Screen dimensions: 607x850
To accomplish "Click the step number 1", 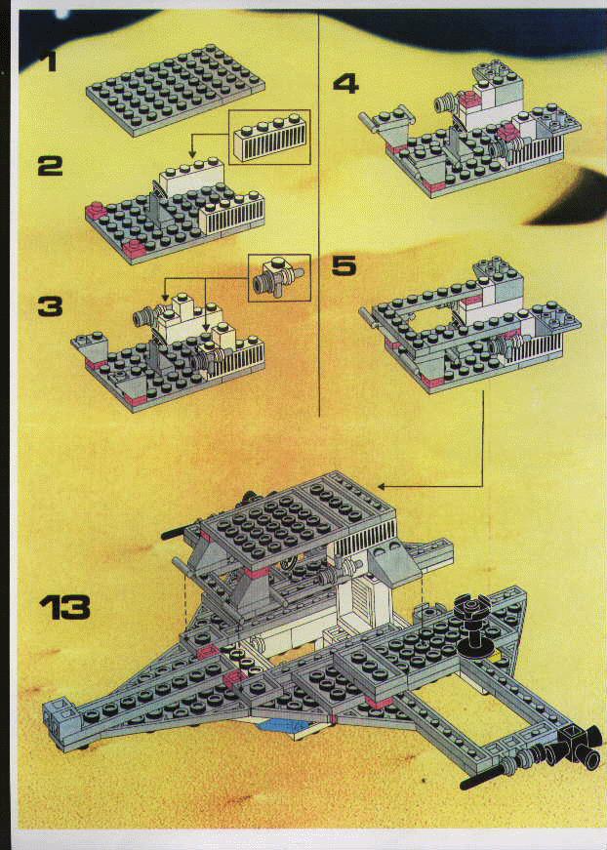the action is point(50,61).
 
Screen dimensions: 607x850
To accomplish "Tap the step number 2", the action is point(50,166).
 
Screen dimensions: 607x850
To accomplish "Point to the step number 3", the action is point(50,306).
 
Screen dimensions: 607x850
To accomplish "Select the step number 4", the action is point(345,84).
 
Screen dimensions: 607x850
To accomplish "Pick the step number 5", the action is point(344,265).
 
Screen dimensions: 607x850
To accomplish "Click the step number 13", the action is point(64,608).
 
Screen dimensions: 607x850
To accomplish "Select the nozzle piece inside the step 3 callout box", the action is point(278,276).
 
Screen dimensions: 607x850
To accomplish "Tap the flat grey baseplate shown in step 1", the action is point(175,90).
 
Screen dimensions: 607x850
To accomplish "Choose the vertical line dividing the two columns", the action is point(319,215).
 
